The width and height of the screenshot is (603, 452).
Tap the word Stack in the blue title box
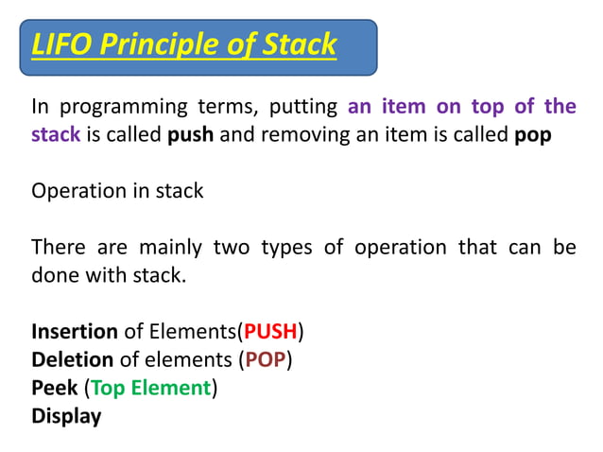tap(300, 44)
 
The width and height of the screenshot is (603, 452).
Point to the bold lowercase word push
tap(191, 135)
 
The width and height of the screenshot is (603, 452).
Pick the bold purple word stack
tap(56, 135)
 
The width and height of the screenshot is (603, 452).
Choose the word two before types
tap(232, 248)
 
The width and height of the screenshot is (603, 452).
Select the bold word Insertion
tap(75, 332)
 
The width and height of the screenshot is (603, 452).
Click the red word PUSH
tap(270, 332)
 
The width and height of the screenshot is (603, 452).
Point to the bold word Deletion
tap(72, 360)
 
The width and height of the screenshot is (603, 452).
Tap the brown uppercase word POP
tap(267, 360)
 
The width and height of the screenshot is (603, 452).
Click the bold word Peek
tap(55, 388)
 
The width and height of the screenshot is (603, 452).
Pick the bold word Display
tap(66, 416)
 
